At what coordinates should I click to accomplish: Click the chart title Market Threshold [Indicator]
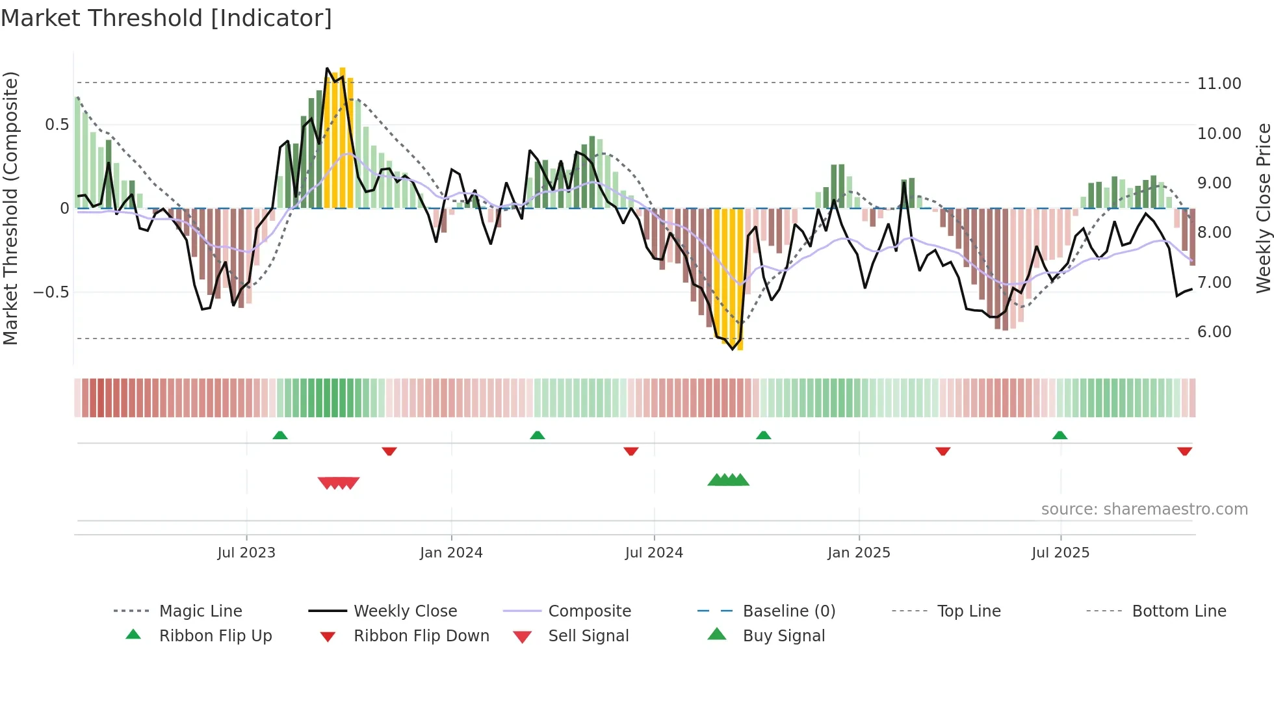pyautogui.click(x=166, y=18)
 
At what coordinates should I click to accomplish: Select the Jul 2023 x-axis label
pyautogui.click(x=246, y=553)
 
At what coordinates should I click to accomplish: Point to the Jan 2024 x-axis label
pyautogui.click(x=451, y=553)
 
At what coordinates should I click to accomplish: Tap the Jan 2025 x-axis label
pyautogui.click(x=859, y=553)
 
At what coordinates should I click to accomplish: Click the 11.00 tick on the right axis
pyautogui.click(x=1219, y=84)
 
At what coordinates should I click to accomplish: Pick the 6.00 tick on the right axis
pyautogui.click(x=1214, y=332)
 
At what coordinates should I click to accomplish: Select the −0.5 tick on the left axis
pyautogui.click(x=51, y=292)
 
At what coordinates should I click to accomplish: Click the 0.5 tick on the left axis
pyautogui.click(x=57, y=125)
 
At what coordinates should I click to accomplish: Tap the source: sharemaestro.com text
pyautogui.click(x=1144, y=509)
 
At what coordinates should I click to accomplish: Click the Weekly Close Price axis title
pyautogui.click(x=1263, y=208)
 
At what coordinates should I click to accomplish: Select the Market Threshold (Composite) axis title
pyautogui.click(x=10, y=208)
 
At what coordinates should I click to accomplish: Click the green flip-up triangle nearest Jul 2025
pyautogui.click(x=1059, y=435)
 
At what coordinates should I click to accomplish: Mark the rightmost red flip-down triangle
pyautogui.click(x=1184, y=451)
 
